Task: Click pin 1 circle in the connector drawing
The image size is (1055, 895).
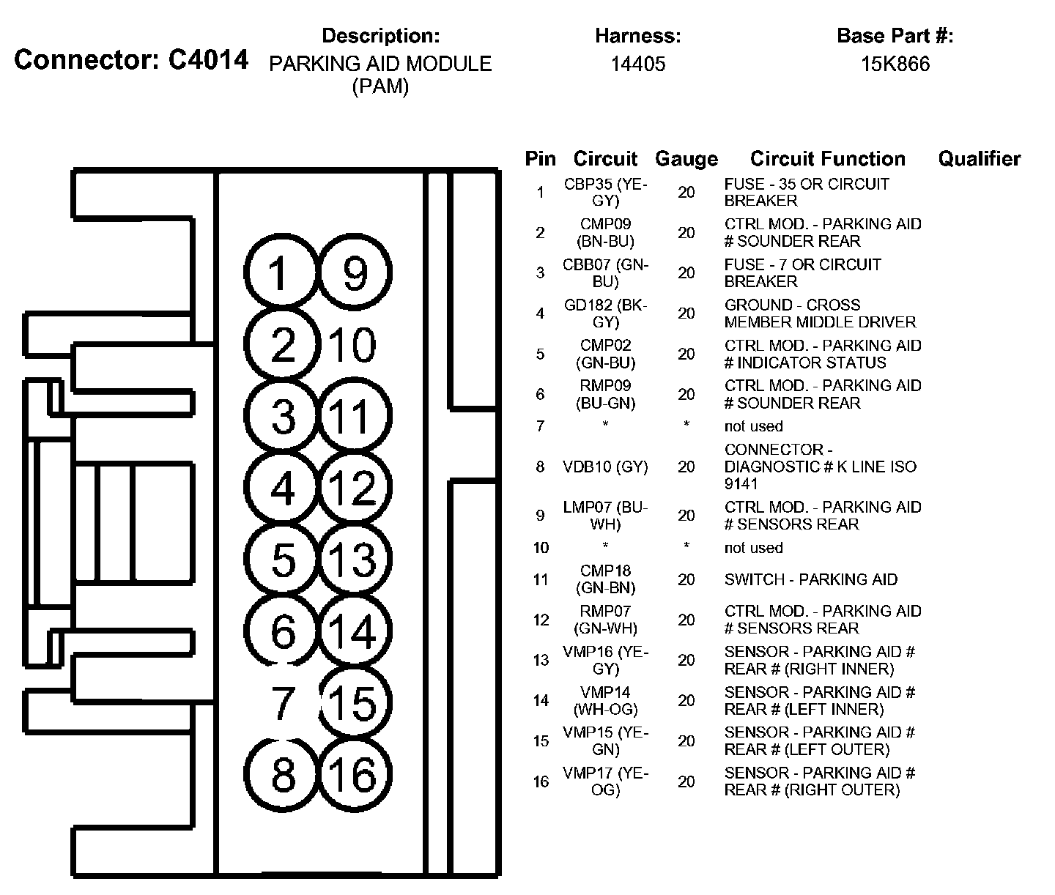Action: click(x=281, y=274)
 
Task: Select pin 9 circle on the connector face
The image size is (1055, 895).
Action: click(x=355, y=274)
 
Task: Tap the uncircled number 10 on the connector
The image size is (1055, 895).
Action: click(x=352, y=345)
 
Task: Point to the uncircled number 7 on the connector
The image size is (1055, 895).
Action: click(x=282, y=703)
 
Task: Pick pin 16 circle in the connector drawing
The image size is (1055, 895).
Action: click(x=355, y=775)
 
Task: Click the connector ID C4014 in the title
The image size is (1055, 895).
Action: click(x=208, y=60)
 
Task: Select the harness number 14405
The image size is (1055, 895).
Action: click(x=638, y=64)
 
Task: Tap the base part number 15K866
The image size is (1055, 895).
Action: click(x=895, y=64)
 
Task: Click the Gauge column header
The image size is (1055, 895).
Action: click(x=686, y=159)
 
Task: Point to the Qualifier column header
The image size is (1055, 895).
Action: click(x=979, y=159)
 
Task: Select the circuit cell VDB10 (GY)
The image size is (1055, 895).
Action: click(x=606, y=467)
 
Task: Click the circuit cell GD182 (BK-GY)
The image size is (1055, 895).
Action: click(x=606, y=313)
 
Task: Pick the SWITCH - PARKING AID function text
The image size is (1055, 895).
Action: click(x=810, y=579)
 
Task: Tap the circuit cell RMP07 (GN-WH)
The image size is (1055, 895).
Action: click(x=606, y=620)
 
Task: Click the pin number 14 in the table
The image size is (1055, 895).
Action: click(x=541, y=701)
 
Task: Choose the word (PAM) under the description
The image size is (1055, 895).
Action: click(x=380, y=86)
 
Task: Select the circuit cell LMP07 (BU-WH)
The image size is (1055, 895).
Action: click(x=606, y=516)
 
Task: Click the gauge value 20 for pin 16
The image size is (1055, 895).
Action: click(x=686, y=781)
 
